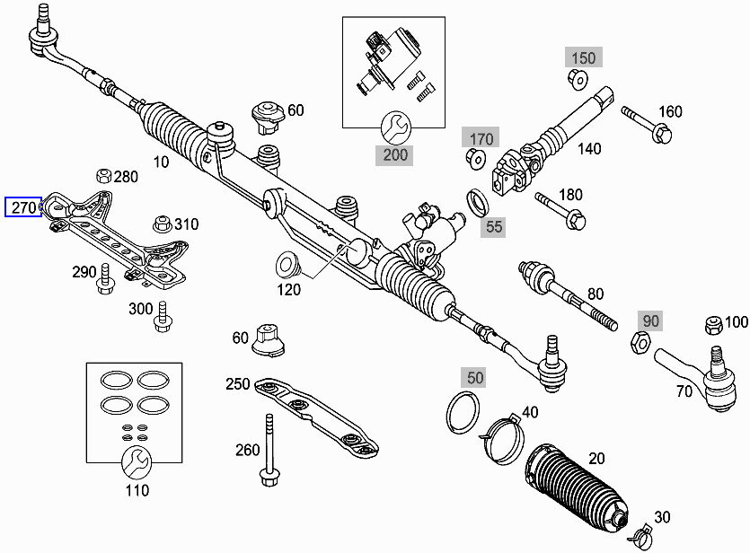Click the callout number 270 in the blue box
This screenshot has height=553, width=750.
23,208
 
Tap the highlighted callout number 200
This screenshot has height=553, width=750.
396,154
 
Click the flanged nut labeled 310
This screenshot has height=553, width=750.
163,222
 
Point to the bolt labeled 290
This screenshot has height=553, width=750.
104,279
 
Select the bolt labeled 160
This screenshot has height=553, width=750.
646,124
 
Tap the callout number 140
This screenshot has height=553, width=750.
589,149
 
